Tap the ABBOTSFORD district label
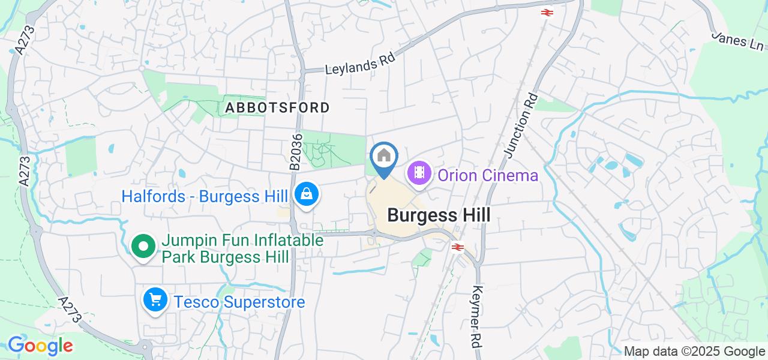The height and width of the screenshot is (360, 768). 277,108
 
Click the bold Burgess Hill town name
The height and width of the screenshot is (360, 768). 439,215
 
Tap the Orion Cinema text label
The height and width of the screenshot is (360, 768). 488,175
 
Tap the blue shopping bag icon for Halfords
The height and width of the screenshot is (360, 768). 307,195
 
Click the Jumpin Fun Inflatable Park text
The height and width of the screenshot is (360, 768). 242,249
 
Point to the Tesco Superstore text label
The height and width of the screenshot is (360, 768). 239,301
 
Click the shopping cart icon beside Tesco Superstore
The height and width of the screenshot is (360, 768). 155,299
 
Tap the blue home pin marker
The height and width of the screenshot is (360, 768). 384,157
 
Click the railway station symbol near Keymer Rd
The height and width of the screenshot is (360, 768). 457,247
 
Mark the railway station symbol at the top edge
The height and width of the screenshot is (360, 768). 546,11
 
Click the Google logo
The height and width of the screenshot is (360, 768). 40,346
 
